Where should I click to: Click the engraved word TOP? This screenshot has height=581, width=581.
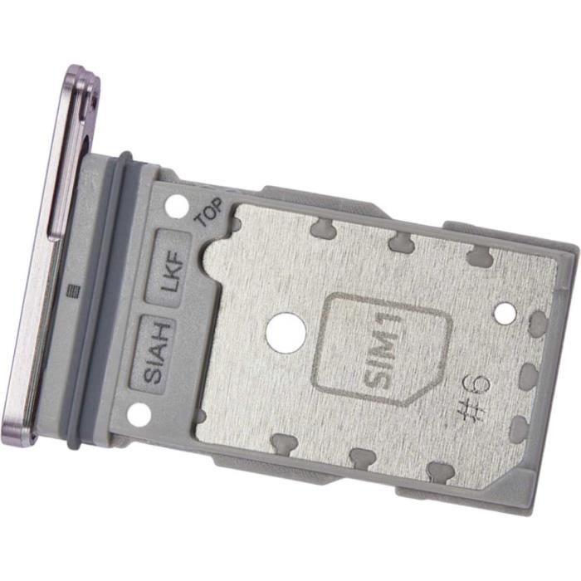(x=209, y=212)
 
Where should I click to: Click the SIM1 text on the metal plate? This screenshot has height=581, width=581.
(x=382, y=350)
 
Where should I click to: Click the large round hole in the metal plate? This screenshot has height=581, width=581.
(x=286, y=332)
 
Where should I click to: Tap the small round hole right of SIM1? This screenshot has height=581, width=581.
(x=505, y=313)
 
